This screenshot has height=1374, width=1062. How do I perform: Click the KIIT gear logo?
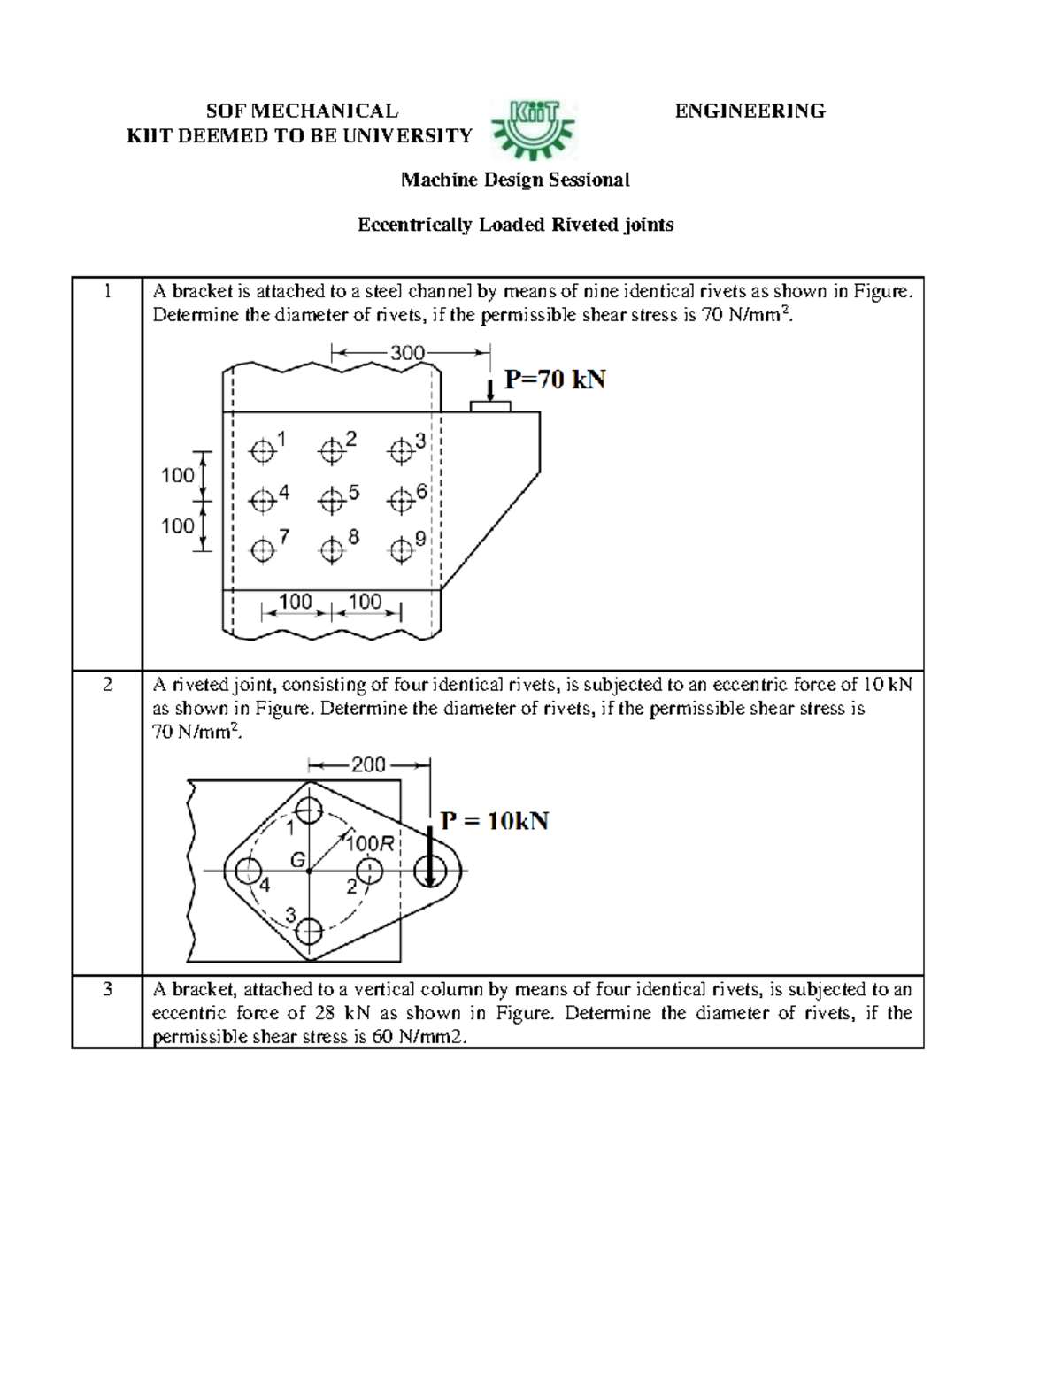pos(533,123)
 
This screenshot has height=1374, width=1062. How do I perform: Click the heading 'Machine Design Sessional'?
pos(515,180)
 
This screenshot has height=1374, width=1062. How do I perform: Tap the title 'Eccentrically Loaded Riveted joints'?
pos(515,225)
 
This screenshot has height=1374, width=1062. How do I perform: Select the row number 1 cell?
pos(107,292)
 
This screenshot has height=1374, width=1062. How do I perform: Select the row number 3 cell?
pos(107,990)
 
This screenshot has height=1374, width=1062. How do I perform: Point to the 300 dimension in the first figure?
pos(408,353)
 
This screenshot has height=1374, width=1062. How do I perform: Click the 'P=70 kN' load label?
pos(555,380)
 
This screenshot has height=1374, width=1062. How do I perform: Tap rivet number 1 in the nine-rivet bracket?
pos(261,451)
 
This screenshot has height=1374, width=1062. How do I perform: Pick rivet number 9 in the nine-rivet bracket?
pos(401,551)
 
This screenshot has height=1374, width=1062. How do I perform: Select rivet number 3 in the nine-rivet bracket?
pos(401,451)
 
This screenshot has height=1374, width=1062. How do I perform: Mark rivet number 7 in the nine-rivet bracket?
pos(261,551)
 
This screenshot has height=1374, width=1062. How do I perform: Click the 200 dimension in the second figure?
pos(368,764)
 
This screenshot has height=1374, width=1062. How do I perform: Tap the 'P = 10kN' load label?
pos(495,821)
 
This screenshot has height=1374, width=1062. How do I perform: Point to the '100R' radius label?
pos(370,843)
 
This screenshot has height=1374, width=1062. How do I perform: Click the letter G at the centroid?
pos(298,859)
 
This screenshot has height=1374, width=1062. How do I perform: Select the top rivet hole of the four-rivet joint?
pos(309,809)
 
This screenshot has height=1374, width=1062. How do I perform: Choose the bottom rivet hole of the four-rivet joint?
pos(309,931)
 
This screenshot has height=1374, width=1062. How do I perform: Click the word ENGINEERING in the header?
pos(750,111)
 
